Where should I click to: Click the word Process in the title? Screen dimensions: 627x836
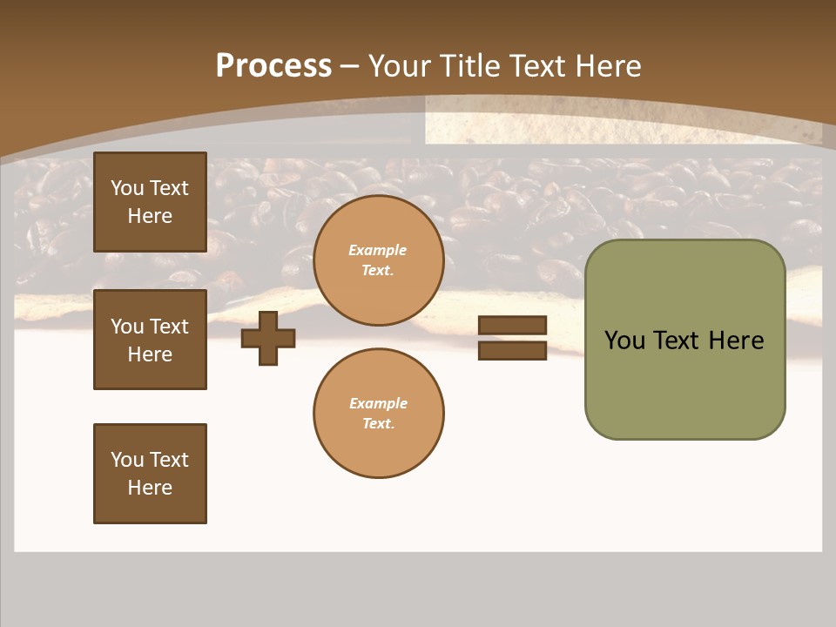273,66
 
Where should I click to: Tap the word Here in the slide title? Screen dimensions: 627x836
607,66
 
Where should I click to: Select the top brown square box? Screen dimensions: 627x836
150,202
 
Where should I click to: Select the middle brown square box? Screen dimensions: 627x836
150,340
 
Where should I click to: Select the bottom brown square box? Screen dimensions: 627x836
150,474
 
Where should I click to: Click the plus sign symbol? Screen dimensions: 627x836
268,338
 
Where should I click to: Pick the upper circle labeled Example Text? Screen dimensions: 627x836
378,260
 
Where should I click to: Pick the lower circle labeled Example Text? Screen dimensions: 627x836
378,413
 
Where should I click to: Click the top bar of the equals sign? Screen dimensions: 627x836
512,325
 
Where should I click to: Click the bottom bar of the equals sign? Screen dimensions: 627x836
512,351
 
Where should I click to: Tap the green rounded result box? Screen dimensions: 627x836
684,340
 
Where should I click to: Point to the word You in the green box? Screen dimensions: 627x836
624,340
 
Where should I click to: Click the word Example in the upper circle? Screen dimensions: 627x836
377,250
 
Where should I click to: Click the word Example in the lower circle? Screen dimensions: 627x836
378,403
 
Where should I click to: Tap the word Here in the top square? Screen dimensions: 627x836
150,216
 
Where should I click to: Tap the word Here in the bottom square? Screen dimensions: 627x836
150,488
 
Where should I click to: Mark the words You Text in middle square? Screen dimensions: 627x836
150,327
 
